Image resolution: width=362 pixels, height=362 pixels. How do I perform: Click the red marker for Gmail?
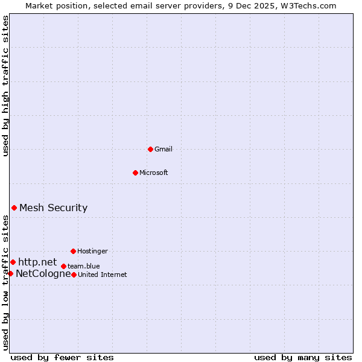click(x=150, y=149)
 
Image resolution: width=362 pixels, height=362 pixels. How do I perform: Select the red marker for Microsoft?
click(x=135, y=173)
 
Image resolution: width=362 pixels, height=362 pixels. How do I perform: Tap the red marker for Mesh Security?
click(x=14, y=208)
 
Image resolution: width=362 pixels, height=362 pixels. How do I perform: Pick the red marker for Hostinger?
click(x=73, y=251)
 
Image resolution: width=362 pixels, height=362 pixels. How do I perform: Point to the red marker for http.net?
click(x=13, y=262)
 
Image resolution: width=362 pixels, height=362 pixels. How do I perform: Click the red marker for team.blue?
click(x=63, y=266)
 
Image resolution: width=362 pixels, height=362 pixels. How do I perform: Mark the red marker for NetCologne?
click(x=10, y=273)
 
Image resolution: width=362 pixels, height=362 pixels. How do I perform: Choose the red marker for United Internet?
click(x=74, y=275)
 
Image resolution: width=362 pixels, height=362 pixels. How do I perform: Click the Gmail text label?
click(x=164, y=149)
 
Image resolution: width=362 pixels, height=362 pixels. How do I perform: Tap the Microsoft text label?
click(x=154, y=173)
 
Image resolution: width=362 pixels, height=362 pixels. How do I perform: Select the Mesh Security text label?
click(x=53, y=208)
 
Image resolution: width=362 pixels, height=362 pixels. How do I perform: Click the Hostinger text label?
click(x=92, y=251)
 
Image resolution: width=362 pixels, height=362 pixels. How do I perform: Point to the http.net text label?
click(x=37, y=262)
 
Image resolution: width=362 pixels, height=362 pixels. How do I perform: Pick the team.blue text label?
click(x=84, y=266)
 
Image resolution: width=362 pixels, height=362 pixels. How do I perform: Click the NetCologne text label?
click(x=43, y=273)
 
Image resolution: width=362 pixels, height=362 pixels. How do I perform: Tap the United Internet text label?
click(x=103, y=275)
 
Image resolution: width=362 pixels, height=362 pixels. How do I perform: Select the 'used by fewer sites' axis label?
click(x=62, y=357)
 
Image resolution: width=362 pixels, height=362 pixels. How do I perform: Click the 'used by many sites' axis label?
click(x=303, y=357)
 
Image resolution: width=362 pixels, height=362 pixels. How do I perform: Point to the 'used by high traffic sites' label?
click(x=5, y=86)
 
